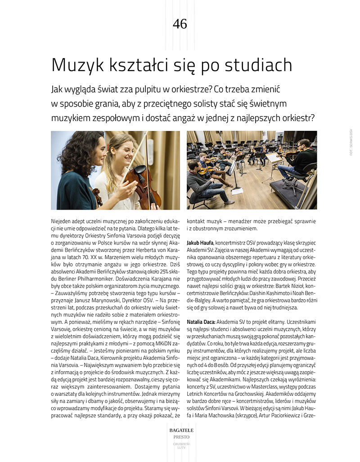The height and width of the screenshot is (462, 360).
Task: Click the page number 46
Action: [x=180, y=24]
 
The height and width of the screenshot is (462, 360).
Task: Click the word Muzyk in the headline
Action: [x=75, y=66]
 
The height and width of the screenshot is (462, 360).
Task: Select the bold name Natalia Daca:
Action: [x=201, y=322]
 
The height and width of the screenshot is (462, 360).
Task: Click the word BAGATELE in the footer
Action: [x=180, y=431]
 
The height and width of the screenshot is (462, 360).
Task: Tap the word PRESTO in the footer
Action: [x=180, y=437]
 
